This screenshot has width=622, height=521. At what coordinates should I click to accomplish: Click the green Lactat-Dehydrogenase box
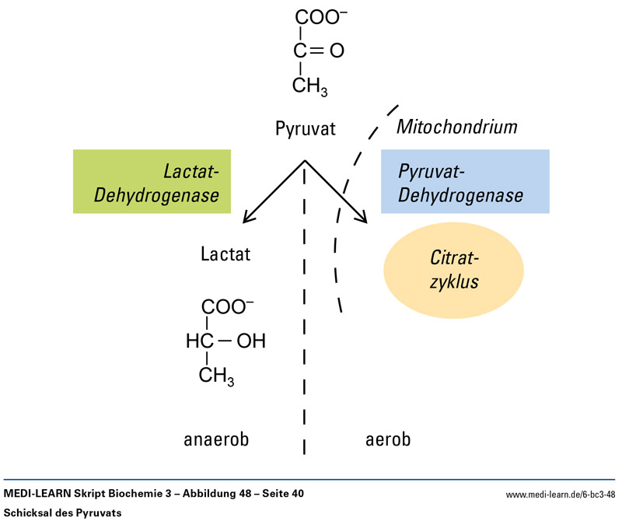152,181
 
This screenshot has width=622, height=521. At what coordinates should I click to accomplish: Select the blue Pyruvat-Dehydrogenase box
465,181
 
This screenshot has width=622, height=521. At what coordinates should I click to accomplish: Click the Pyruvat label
306,128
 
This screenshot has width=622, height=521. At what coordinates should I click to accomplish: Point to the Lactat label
225,254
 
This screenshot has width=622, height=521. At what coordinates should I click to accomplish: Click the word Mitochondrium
457,126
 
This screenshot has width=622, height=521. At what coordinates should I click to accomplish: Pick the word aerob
388,439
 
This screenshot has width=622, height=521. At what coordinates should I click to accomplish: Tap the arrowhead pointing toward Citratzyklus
363,219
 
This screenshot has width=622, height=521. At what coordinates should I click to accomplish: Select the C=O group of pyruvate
319,51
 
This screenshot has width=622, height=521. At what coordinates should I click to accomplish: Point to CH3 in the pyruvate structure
310,86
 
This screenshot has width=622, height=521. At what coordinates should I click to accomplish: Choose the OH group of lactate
250,341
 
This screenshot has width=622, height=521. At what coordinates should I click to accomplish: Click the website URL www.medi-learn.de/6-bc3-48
561,494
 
